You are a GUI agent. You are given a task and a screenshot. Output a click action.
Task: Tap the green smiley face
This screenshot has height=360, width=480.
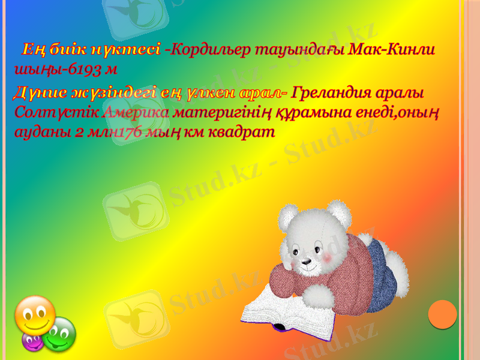coord(59,335)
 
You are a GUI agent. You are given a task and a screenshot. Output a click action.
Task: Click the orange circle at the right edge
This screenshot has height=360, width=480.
coord(443,314)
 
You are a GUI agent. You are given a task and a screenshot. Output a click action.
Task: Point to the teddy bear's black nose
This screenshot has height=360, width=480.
coord(306,262)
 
